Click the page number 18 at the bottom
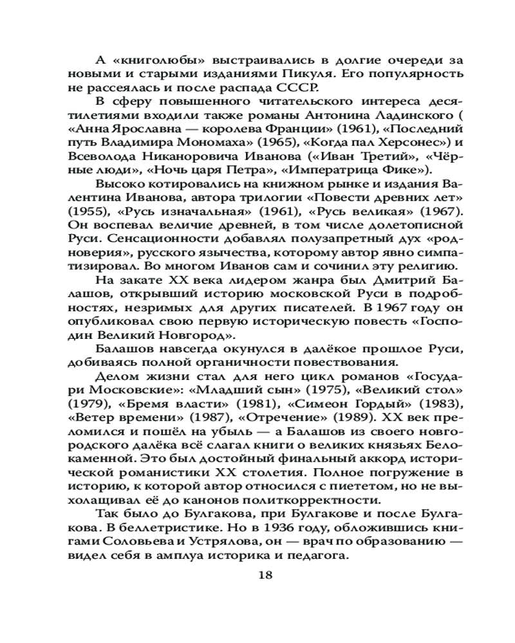coord(265,575)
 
